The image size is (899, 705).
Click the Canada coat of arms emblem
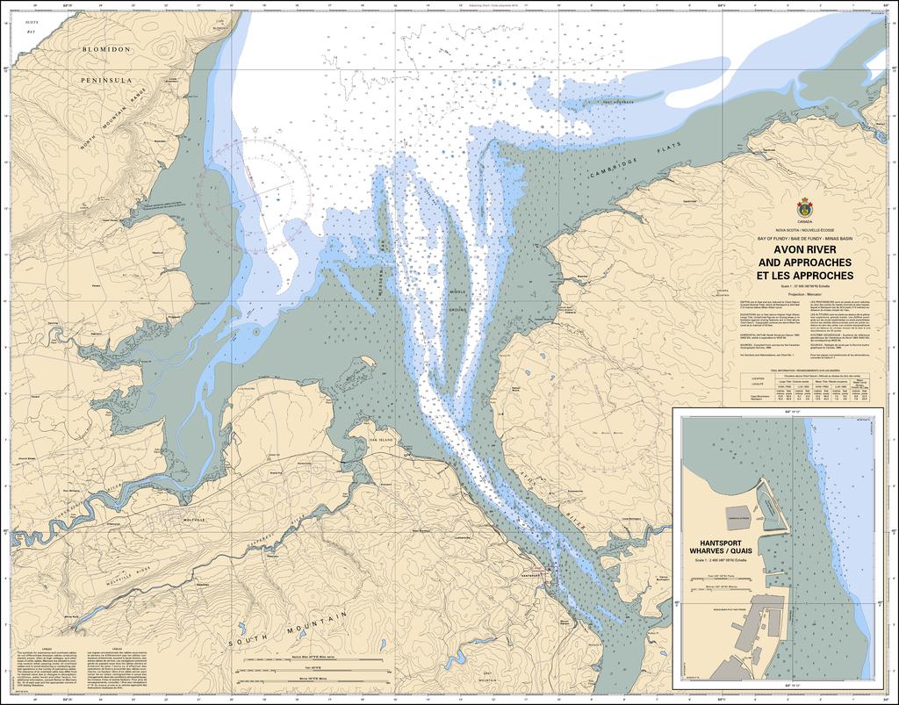pos(804,209)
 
